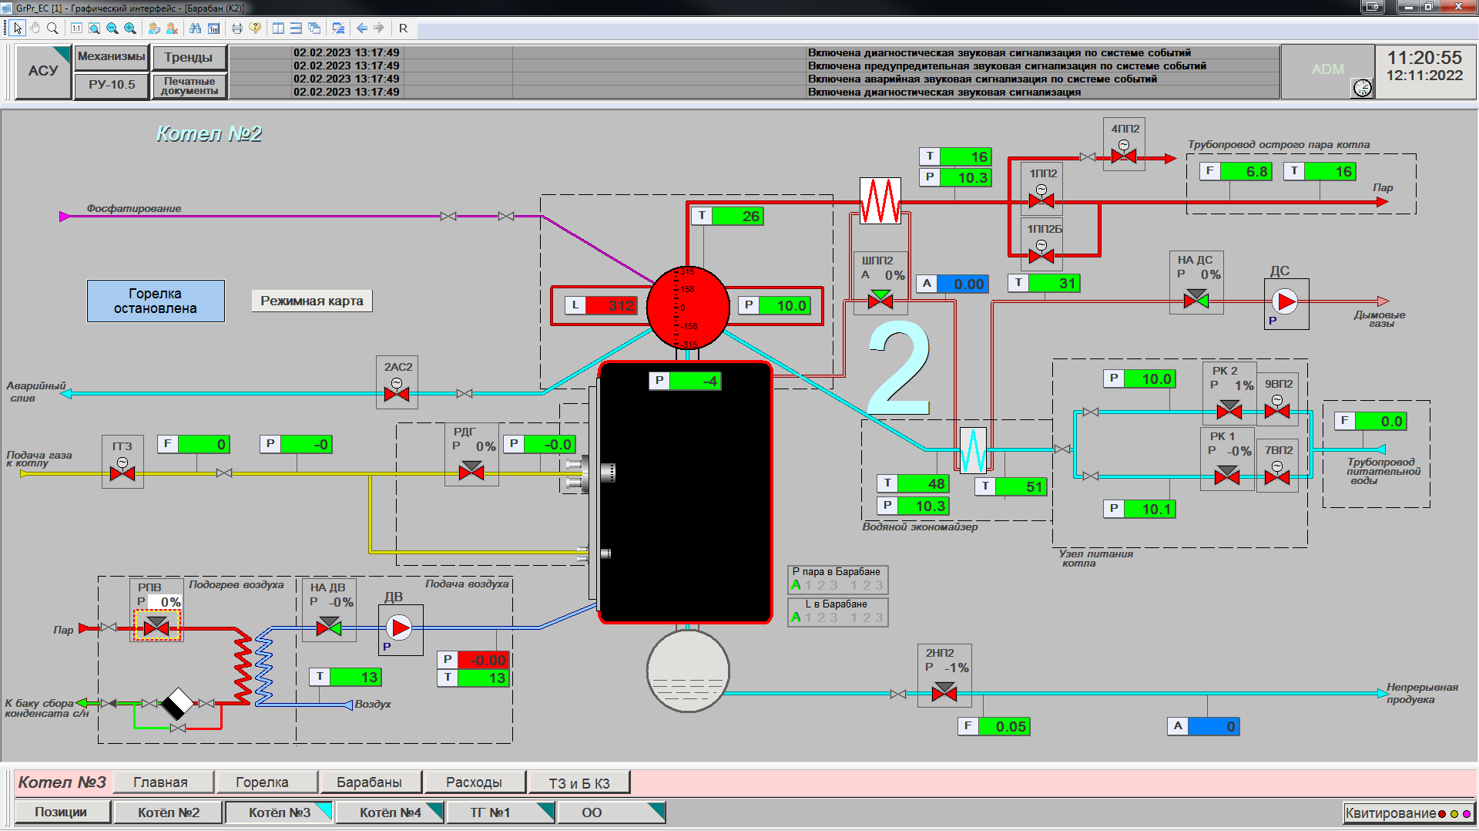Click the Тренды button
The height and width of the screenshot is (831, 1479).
point(189,57)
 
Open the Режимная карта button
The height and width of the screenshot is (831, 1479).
point(312,301)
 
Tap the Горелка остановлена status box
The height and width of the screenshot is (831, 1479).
point(156,301)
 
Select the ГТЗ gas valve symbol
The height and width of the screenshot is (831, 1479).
point(122,473)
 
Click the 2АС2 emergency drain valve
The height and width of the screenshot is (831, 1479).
point(397,393)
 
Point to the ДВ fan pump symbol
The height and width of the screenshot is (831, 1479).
point(401,628)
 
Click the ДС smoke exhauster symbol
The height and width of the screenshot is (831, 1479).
point(1284,301)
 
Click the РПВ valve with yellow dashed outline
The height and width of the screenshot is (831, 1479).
point(156,627)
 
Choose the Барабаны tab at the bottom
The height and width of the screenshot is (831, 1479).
point(370,782)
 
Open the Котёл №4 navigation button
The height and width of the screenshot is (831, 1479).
point(390,812)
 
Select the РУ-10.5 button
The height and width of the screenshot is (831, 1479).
point(112,85)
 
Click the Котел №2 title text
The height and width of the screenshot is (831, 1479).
point(209,134)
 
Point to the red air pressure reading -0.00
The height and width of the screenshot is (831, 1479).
point(483,660)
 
